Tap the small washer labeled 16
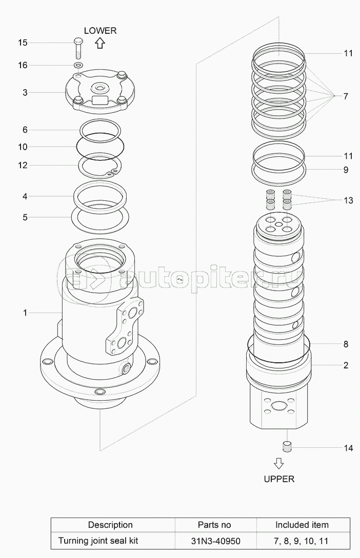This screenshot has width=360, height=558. (78, 65)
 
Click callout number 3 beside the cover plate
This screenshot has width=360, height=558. (25, 93)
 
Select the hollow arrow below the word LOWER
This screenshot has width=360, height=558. (100, 43)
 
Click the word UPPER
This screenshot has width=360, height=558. (279, 479)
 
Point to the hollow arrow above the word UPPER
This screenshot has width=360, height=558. (279, 464)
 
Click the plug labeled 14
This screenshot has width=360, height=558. (287, 447)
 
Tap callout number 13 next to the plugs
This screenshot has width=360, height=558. (348, 200)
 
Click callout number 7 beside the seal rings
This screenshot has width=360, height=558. (346, 96)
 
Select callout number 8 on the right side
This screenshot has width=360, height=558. (346, 344)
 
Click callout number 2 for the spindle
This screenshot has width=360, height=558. (346, 365)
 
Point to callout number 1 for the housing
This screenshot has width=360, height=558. (25, 313)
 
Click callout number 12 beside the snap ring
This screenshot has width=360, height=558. (23, 165)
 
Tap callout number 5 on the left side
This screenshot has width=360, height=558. (25, 217)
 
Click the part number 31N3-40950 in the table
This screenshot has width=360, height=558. (215, 541)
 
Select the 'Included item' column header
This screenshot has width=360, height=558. (302, 525)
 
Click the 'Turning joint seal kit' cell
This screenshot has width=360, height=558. (98, 541)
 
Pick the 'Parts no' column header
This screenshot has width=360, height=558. (214, 525)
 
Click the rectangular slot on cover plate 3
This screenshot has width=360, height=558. (100, 100)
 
